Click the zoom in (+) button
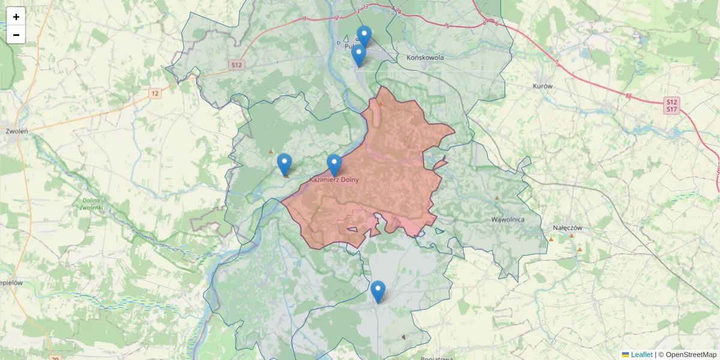[x=16, y=17]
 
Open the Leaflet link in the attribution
[x=641, y=355]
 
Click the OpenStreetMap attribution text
[x=691, y=355]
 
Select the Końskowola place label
[x=425, y=58]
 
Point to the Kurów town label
[x=542, y=86]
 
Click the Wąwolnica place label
[x=508, y=219]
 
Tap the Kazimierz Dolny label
[x=334, y=179]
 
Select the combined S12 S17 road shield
[x=671, y=106]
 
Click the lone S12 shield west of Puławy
[x=236, y=65]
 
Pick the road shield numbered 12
[x=155, y=93]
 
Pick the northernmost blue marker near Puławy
[x=364, y=36]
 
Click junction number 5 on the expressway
[x=448, y=25]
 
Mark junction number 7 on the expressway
[x=557, y=62]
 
